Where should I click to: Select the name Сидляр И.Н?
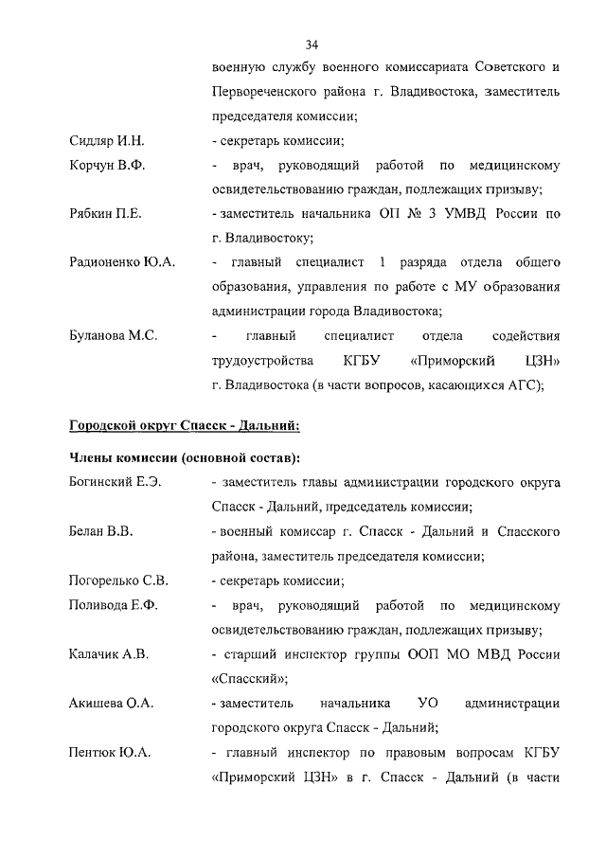(106, 141)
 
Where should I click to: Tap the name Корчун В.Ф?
(107, 166)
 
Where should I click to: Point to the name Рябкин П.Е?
(105, 215)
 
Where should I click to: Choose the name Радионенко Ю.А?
(123, 261)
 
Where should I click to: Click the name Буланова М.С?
(114, 336)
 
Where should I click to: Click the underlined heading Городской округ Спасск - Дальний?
(184, 424)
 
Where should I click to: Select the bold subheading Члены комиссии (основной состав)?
(185, 458)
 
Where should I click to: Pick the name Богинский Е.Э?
(116, 482)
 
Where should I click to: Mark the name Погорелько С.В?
(118, 580)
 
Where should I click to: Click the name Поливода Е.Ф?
(114, 605)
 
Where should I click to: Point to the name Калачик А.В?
(109, 654)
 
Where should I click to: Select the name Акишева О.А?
(112, 704)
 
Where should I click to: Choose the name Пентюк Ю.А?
(110, 753)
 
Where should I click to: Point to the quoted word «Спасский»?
(249, 679)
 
